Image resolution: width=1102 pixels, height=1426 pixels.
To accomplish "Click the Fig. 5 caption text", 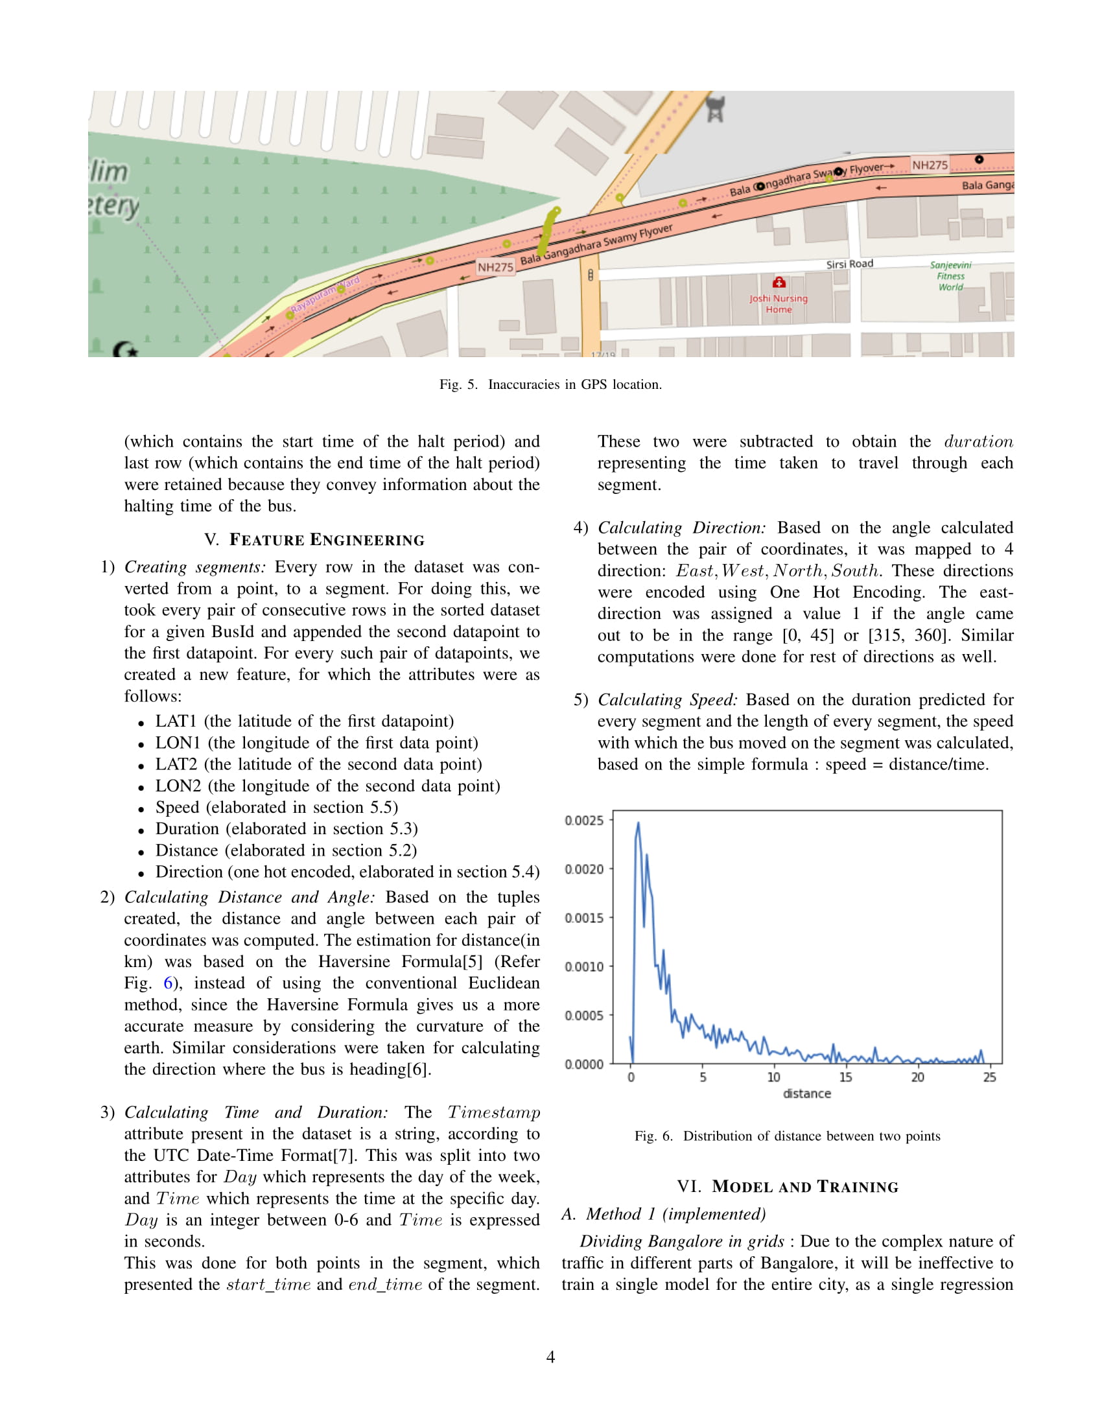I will (550, 384).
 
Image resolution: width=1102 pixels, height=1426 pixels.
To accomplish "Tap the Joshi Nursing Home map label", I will (778, 303).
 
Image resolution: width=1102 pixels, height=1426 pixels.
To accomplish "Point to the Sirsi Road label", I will (849, 264).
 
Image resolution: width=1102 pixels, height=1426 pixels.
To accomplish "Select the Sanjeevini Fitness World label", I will (950, 275).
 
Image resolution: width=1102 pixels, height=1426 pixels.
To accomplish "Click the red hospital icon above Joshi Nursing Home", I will (779, 283).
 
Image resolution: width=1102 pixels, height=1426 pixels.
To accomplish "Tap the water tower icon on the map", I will (716, 109).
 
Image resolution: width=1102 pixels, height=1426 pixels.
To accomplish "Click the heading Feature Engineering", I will (314, 540).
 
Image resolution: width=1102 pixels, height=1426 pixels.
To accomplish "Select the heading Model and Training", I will (788, 1186).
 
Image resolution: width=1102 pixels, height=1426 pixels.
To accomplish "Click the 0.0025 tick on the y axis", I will (583, 820).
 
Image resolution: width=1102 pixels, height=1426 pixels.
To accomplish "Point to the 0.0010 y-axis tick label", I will (583, 966).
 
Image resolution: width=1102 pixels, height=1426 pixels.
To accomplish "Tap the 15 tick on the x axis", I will (845, 1077).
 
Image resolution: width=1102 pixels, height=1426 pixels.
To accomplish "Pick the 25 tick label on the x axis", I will (989, 1077).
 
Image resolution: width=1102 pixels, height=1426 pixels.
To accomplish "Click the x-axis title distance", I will (807, 1093).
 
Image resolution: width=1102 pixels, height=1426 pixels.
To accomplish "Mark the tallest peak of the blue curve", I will (638, 824).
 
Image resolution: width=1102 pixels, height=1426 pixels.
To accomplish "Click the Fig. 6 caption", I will (788, 1136).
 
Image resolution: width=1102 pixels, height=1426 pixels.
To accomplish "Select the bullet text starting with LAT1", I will (304, 721).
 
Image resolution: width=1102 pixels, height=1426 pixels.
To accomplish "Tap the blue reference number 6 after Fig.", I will (168, 983).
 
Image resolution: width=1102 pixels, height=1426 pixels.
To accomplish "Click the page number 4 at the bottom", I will (550, 1357).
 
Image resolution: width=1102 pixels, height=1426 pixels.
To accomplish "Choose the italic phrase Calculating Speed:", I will (668, 699).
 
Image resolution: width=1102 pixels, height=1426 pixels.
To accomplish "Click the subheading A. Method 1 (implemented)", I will (663, 1214).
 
